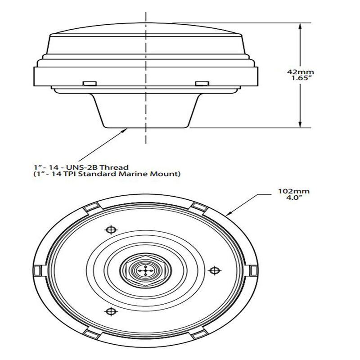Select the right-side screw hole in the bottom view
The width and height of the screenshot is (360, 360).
point(216,270)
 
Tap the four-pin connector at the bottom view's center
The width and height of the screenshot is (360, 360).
point(145,270)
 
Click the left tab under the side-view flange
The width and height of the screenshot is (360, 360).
point(89,83)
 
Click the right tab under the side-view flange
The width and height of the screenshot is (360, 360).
point(202,83)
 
